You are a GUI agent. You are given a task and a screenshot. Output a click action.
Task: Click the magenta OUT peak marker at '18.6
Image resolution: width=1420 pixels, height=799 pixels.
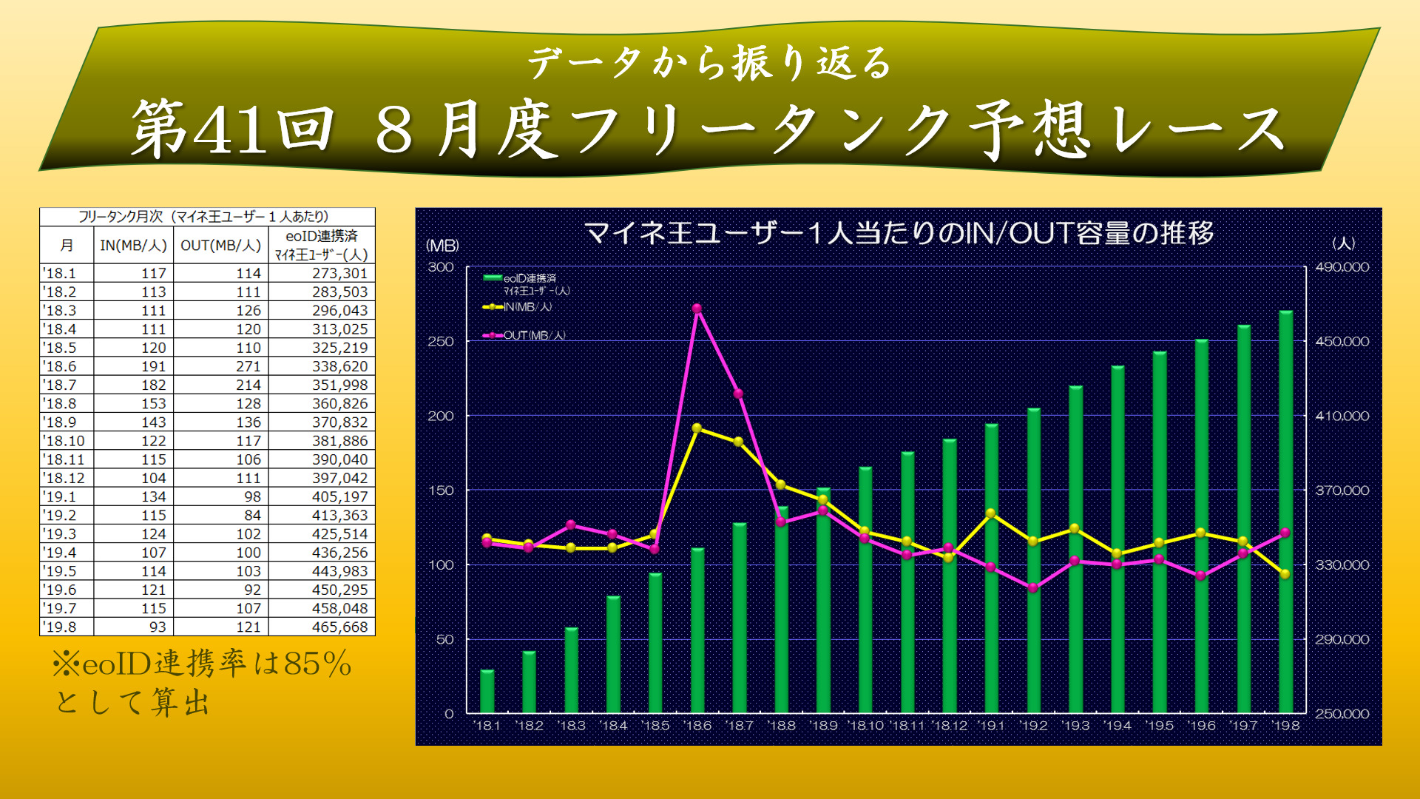697,309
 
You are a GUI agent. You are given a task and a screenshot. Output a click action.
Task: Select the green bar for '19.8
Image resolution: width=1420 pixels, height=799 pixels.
1285,510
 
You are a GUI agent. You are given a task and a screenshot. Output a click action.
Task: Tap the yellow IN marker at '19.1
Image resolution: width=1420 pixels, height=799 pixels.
991,513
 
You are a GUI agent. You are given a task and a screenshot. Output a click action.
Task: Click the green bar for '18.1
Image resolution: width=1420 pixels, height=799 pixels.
487,691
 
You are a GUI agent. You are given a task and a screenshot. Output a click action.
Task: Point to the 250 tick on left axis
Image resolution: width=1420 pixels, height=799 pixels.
441,341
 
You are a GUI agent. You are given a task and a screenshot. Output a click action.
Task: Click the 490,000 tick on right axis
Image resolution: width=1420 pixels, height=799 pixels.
1342,267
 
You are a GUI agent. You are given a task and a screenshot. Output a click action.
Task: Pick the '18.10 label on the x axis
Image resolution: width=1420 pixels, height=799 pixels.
865,726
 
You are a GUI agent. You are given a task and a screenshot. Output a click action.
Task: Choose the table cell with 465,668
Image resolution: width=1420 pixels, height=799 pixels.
339,627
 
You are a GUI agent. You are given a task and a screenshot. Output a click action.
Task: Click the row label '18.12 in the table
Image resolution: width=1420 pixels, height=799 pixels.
64,478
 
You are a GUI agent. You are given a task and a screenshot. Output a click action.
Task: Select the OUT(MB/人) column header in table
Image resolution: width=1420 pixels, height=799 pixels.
220,245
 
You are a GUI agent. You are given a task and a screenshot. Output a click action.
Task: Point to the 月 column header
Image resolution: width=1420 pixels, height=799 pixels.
67,245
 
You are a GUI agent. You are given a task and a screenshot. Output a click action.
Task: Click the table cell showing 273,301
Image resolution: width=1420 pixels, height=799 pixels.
339,273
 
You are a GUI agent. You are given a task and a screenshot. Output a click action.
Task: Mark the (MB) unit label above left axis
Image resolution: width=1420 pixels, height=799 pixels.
442,245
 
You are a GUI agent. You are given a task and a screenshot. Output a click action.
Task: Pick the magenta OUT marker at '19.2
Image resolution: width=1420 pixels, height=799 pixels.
1033,588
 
